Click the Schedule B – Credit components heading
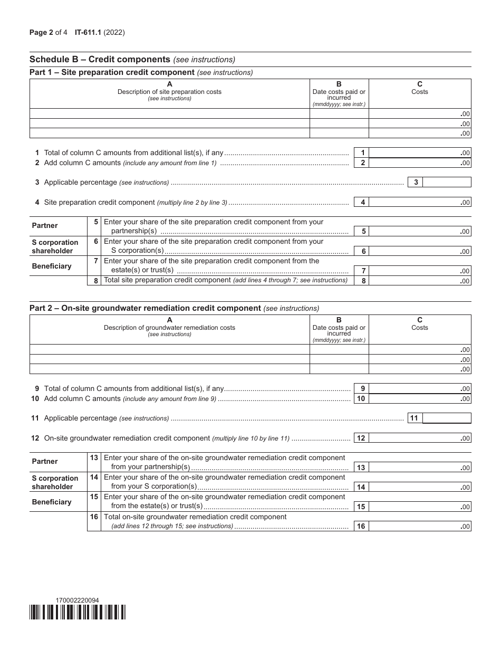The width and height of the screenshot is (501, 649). tap(100, 60)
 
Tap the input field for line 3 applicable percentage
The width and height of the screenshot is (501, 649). tap(447, 183)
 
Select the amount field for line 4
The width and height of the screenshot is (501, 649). tap(420, 202)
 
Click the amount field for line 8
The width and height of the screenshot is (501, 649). tap(420, 281)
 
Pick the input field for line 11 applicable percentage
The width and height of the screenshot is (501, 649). tap(447, 418)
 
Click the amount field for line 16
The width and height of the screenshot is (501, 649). tap(420, 527)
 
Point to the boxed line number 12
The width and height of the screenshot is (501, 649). tap(361, 438)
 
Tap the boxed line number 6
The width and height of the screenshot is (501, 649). tap(363, 252)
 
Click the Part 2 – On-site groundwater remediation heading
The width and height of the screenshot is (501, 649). tap(145, 308)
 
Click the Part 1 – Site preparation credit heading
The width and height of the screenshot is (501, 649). tap(112, 72)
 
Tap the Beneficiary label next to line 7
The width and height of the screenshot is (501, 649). tap(51, 266)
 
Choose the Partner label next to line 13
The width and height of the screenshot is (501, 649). tap(45, 462)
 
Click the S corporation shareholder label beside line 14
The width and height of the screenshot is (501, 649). tap(55, 482)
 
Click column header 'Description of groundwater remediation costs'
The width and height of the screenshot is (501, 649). tap(169, 328)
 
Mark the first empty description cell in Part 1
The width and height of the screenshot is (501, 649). tap(169, 113)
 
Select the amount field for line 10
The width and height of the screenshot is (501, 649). tap(420, 399)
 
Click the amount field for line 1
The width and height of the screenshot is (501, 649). tap(420, 153)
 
